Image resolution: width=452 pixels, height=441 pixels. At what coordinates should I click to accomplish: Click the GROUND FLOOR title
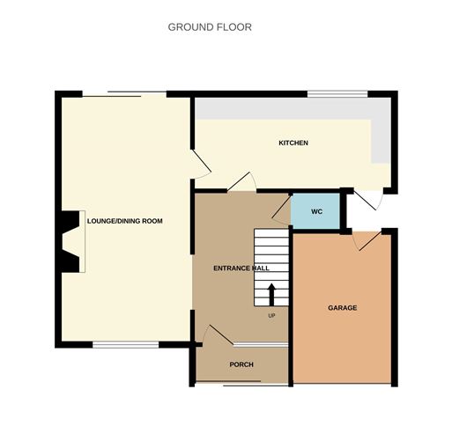point(210,27)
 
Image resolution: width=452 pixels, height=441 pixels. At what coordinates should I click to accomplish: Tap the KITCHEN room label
point(293,143)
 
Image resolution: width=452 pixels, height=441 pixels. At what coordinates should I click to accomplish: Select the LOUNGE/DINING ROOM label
point(125,221)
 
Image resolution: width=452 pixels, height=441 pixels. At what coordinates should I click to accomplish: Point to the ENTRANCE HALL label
point(241,268)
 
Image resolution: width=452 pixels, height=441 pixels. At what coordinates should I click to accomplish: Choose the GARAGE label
point(342,308)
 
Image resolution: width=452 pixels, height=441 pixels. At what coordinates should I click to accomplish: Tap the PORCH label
point(241,364)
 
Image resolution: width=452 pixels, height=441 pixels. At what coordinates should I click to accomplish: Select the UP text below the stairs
point(271,315)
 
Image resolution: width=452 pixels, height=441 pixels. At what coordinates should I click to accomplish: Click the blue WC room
point(315,211)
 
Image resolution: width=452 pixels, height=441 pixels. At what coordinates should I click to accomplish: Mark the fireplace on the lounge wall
point(70,242)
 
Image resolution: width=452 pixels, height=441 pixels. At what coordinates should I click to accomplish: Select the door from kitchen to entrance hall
point(241,182)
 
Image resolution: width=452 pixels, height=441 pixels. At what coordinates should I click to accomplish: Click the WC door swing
point(282,208)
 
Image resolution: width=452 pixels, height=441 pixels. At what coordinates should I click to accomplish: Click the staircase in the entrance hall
point(271,268)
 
